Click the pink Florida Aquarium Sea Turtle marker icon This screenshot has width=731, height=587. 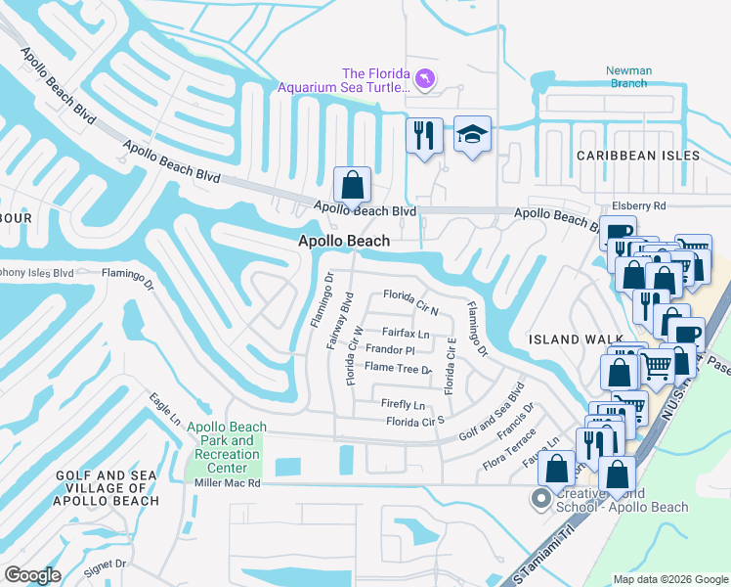[425, 78]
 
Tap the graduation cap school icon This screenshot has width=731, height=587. [473, 136]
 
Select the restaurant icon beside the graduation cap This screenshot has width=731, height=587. [424, 136]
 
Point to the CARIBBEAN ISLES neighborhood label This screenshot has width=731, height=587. [637, 156]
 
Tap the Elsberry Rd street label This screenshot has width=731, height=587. [638, 206]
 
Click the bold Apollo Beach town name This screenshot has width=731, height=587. [344, 241]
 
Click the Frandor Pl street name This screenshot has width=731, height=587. [390, 349]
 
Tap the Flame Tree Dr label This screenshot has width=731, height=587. [398, 368]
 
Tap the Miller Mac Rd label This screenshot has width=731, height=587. [227, 483]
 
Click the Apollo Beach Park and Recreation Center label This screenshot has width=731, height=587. [227, 447]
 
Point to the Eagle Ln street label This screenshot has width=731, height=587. [165, 409]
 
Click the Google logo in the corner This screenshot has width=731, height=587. [32, 574]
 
